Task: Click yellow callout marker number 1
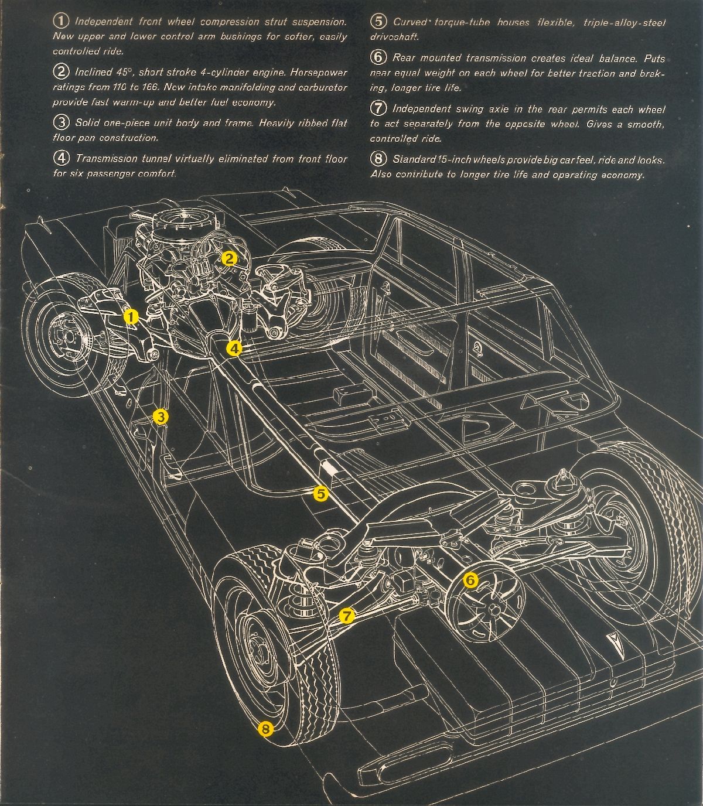pos(131,316)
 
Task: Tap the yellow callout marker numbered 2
pos(229,258)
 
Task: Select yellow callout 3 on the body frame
pos(161,416)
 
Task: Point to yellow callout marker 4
pos(234,349)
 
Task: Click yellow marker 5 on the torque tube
pos(320,493)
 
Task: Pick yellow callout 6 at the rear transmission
pos(470,580)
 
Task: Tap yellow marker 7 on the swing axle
pos(347,616)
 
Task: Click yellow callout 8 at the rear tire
pos(265,729)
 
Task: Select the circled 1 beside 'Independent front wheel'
pos(61,22)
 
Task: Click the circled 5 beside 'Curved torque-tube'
pos(378,22)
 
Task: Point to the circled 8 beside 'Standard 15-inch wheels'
pos(378,159)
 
